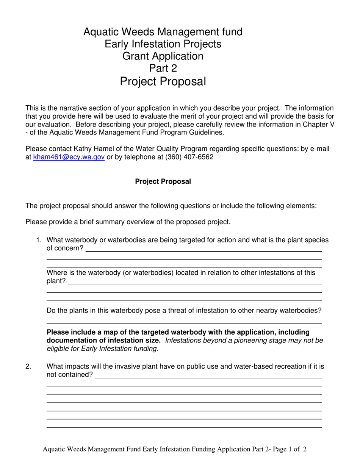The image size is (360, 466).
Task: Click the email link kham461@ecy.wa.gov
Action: (x=69, y=157)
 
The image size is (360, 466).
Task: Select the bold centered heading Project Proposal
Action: (x=163, y=181)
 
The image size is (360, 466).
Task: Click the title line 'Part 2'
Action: (x=163, y=69)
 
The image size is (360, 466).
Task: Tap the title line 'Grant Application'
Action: (x=163, y=56)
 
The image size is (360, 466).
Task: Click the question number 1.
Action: (x=38, y=240)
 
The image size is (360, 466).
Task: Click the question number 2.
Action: (x=28, y=366)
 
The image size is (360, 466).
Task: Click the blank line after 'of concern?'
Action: (x=204, y=251)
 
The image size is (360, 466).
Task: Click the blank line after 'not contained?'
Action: (x=208, y=377)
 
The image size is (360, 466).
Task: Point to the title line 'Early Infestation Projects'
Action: (x=163, y=44)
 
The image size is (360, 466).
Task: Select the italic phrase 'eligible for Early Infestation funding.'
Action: (x=102, y=349)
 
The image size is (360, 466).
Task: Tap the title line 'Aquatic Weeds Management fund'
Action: (x=163, y=32)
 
